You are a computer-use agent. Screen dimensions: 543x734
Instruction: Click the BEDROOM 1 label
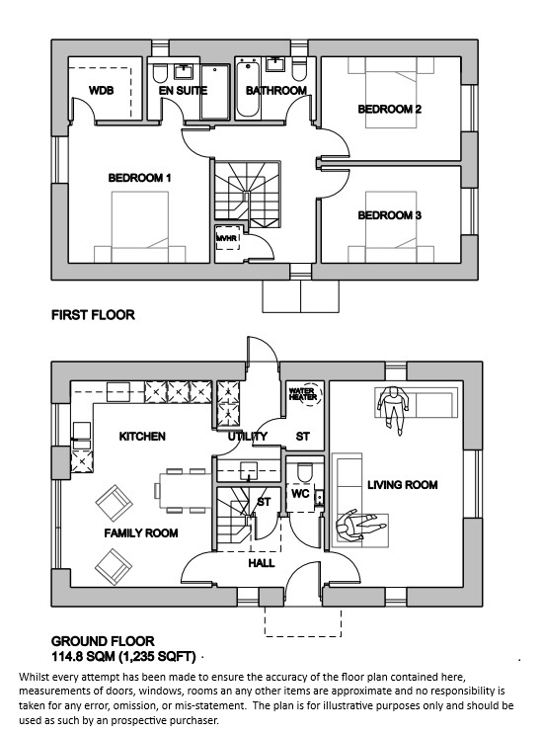point(139,178)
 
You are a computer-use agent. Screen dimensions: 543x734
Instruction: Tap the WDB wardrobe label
point(101,90)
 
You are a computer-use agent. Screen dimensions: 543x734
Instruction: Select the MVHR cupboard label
point(227,238)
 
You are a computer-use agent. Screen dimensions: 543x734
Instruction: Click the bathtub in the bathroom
point(248,88)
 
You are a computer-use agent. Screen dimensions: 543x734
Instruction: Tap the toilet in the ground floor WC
point(304,472)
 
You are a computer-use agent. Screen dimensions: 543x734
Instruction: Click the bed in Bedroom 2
point(391,93)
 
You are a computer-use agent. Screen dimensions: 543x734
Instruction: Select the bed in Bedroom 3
point(391,227)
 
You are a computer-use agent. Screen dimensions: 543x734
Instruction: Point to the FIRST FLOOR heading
point(93,315)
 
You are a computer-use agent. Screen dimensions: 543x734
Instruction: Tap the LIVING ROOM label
point(402,484)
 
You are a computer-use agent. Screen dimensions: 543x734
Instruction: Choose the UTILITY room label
point(248,437)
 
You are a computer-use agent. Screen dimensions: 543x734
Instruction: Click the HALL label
point(262,563)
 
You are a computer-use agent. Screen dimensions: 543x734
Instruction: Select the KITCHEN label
point(142,437)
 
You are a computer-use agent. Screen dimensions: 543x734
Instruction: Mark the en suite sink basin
point(184,71)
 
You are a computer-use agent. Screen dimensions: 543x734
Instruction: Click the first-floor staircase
point(248,195)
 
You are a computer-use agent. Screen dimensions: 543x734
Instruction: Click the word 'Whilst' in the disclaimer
point(34,677)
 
